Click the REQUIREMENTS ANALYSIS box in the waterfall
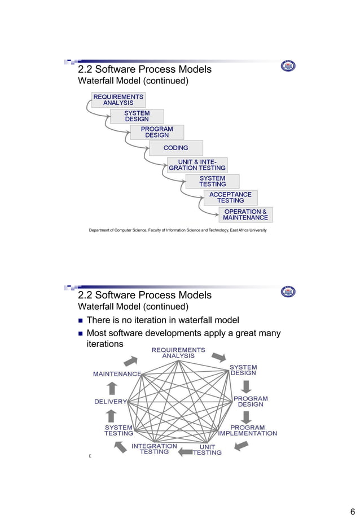[x=118, y=100]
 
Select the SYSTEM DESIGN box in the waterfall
[x=137, y=116]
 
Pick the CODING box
[x=175, y=148]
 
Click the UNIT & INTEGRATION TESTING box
[x=197, y=165]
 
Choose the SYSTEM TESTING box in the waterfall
[x=212, y=181]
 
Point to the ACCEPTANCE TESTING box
[x=230, y=197]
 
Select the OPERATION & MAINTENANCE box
[x=245, y=215]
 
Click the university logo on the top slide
[x=288, y=67]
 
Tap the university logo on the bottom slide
[x=288, y=292]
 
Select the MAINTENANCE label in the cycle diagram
[x=117, y=374]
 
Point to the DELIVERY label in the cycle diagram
[x=111, y=402]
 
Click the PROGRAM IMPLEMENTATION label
[x=247, y=430]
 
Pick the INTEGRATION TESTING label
[x=154, y=449]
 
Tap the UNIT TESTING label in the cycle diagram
[x=207, y=450]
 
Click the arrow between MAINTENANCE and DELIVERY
[x=112, y=388]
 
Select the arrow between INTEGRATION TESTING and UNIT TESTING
[x=185, y=451]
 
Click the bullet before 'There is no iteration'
[x=81, y=320]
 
